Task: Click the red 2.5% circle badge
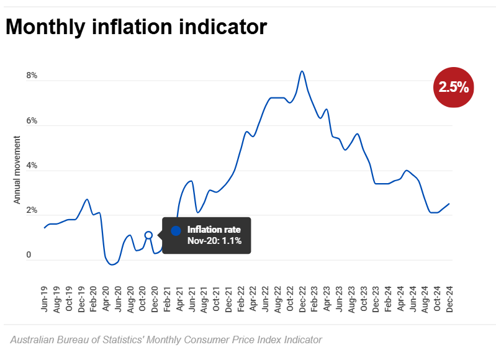[454, 87]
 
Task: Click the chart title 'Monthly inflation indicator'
[136, 27]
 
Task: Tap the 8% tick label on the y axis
[31, 76]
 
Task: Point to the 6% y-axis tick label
[31, 121]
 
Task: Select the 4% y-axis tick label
[31, 166]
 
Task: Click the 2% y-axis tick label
[31, 211]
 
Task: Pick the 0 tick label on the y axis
[28, 255]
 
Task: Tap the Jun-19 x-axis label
[45, 299]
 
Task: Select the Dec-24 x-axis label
[449, 299]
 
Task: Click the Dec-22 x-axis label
[302, 299]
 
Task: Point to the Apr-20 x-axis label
[106, 299]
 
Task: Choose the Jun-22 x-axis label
[265, 299]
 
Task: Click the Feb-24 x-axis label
[387, 299]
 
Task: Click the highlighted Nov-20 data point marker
[148, 235]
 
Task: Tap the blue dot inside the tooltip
[176, 231]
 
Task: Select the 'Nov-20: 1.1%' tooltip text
[214, 241]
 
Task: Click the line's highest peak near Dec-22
[302, 71]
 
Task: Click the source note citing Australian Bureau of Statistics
[166, 340]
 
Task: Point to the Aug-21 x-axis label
[204, 299]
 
